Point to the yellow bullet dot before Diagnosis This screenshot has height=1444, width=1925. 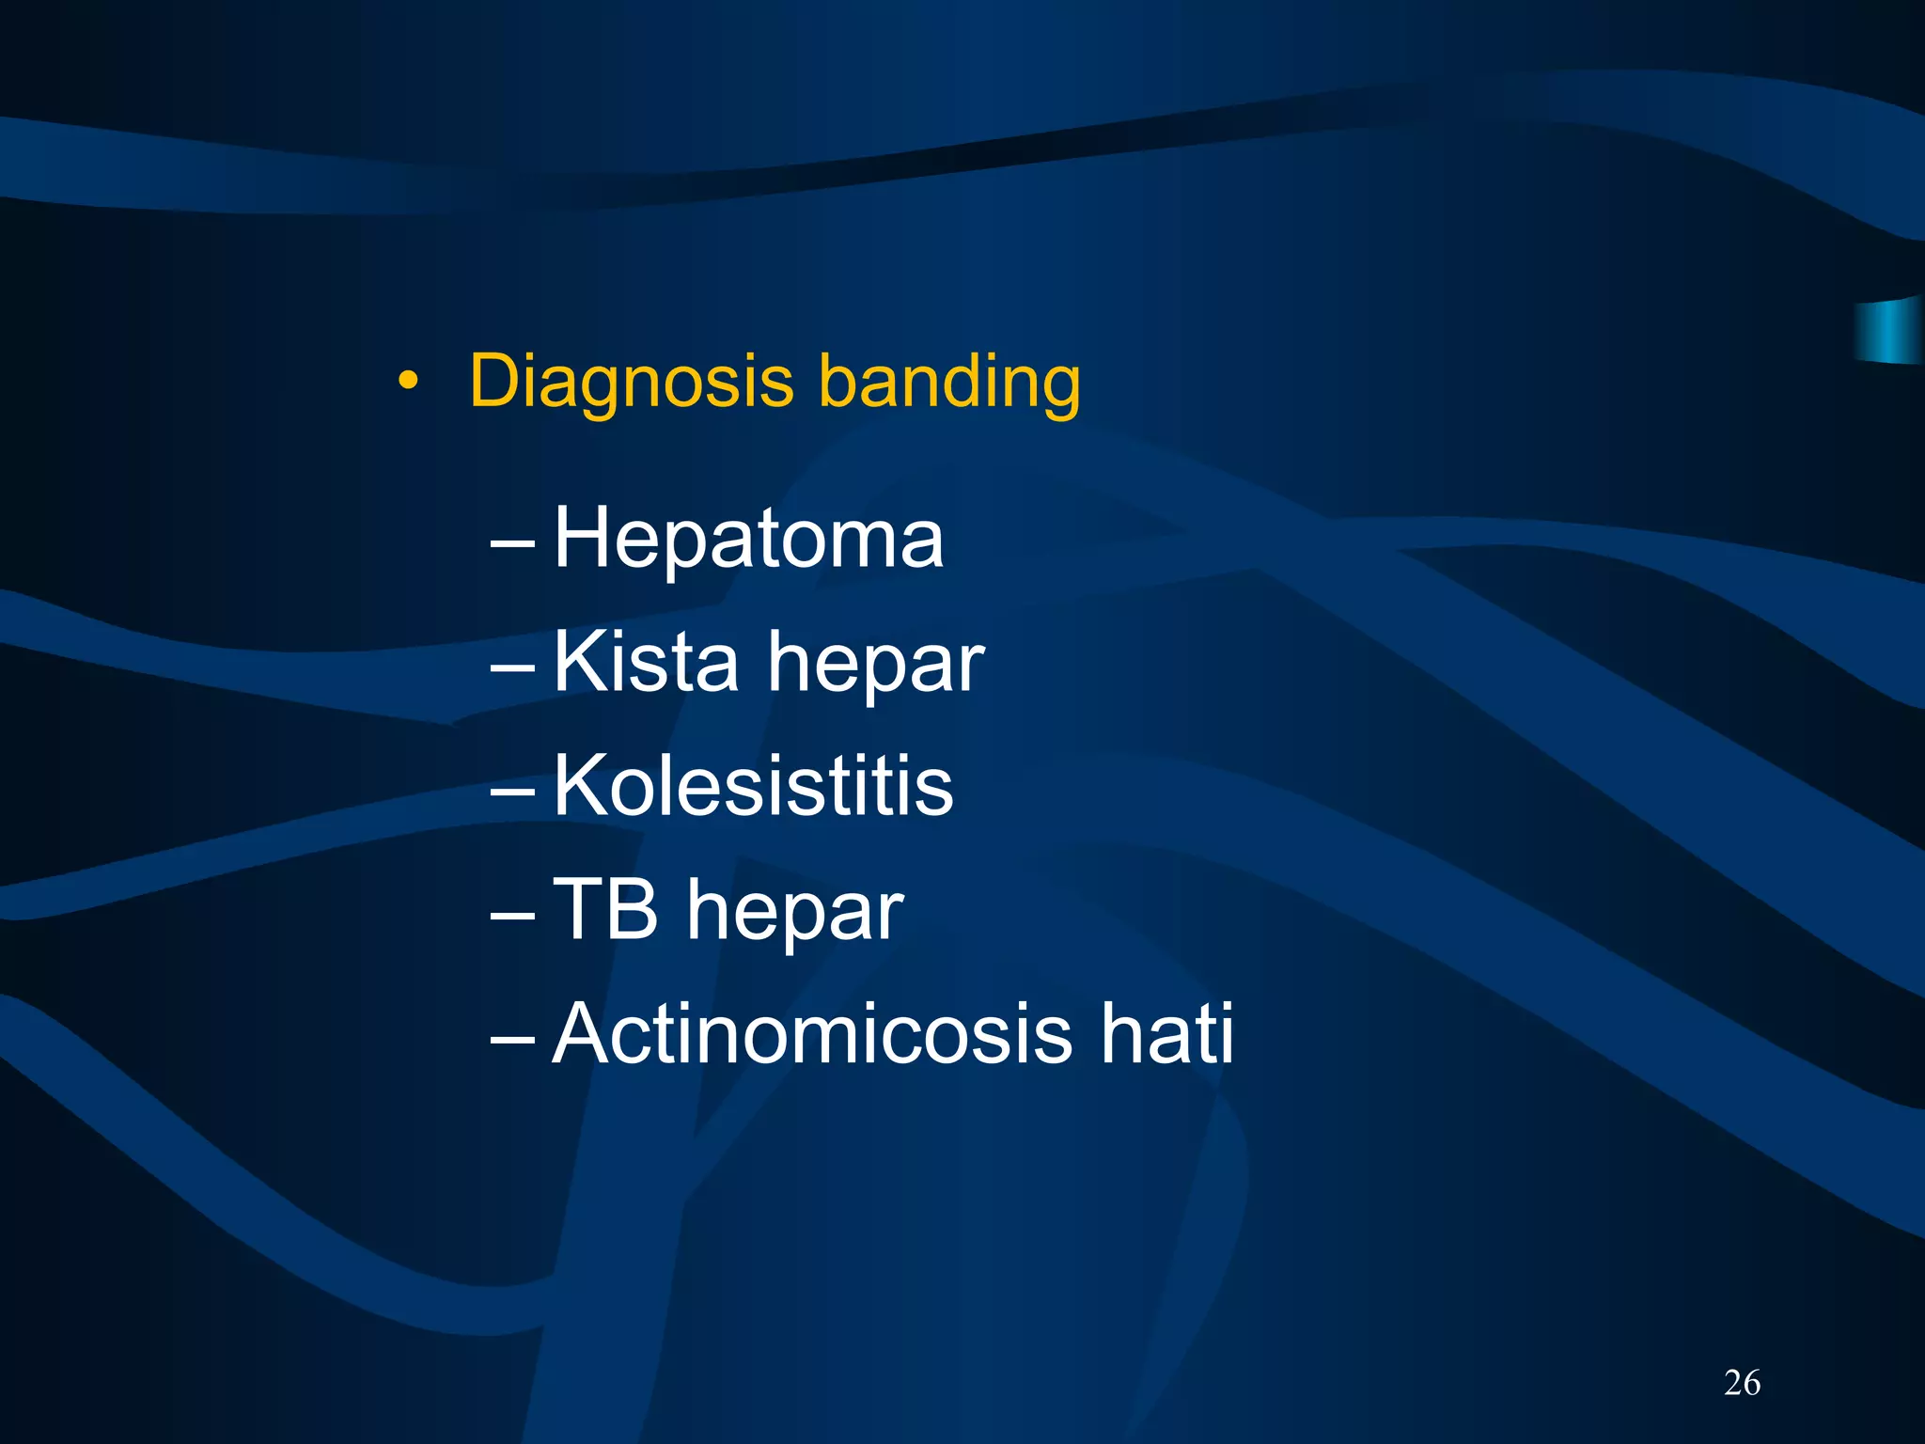407,381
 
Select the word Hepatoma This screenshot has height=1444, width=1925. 748,539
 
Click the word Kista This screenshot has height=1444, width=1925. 646,662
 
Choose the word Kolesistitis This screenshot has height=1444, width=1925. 753,786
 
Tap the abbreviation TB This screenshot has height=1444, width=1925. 605,909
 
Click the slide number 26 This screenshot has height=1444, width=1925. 1742,1383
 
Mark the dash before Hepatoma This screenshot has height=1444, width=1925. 513,542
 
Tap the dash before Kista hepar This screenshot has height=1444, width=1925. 513,667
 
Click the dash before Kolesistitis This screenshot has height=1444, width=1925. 513,791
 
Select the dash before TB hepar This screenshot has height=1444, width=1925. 513,914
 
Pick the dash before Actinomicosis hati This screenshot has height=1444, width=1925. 513,1038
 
